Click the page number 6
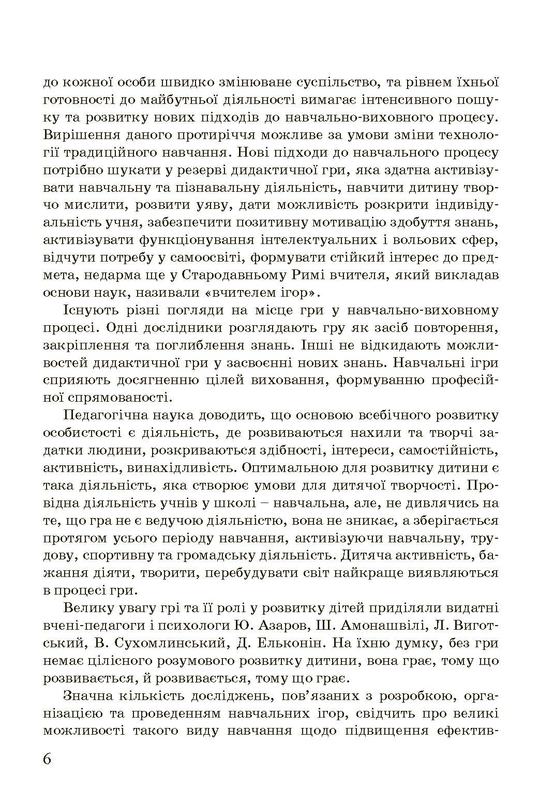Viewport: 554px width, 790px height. pyautogui.click(x=48, y=759)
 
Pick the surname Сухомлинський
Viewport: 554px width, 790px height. pyautogui.click(x=174, y=644)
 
